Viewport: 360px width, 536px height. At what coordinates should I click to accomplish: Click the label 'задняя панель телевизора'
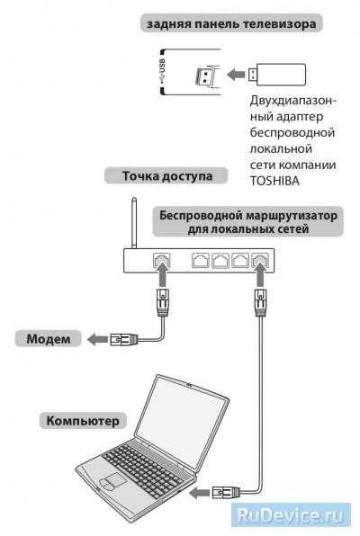231,23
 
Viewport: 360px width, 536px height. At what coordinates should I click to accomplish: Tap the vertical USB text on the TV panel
162,70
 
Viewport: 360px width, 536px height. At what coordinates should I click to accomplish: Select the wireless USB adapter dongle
277,74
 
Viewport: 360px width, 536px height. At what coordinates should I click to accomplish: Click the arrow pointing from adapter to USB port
236,74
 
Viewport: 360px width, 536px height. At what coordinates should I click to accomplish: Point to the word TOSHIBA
274,181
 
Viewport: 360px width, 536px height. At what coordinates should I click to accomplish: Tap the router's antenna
134,222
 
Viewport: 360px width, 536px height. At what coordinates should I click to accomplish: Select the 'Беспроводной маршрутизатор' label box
247,222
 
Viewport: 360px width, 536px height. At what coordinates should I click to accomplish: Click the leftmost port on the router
161,260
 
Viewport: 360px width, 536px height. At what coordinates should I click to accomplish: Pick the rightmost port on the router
260,261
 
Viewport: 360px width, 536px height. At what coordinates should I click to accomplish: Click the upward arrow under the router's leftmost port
162,275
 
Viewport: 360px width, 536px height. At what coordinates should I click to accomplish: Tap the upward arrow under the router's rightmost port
260,275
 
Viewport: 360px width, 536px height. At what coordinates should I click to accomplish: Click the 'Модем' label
49,339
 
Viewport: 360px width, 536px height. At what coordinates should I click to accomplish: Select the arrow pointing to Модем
98,339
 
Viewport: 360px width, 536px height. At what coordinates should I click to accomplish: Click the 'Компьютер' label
83,421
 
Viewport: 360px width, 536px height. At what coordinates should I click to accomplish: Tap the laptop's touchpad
112,481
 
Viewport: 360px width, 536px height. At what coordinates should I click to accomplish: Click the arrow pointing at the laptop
200,493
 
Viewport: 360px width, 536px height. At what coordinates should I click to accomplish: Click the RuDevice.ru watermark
291,514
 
